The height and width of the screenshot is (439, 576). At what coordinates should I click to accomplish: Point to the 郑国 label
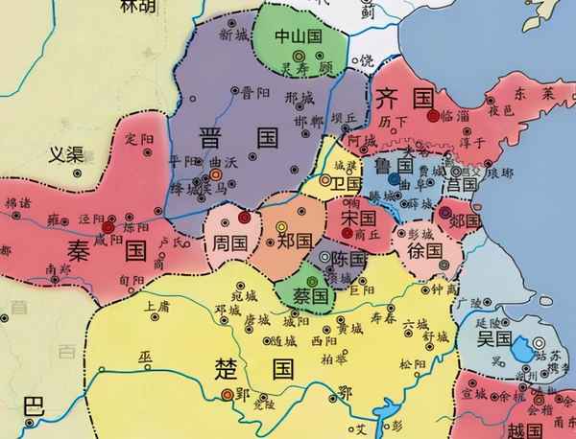293,241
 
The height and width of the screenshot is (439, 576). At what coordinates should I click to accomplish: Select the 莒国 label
462,182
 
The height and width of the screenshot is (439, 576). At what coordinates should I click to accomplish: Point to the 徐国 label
424,249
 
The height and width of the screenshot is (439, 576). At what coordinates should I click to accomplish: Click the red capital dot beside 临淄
434,115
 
